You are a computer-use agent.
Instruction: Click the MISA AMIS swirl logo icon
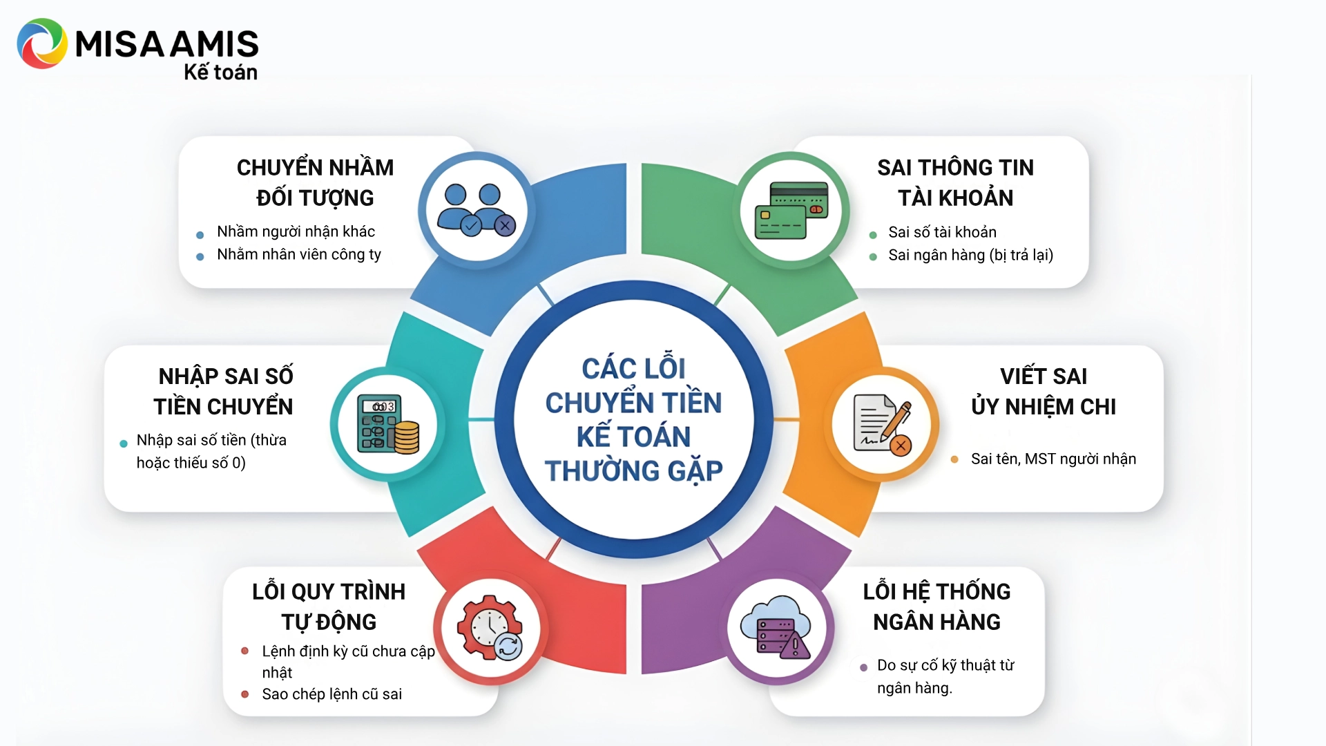tap(42, 44)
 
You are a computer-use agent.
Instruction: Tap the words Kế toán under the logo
tap(220, 72)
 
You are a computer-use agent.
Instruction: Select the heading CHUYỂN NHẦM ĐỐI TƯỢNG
tap(315, 182)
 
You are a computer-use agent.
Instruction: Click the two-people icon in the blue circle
tap(476, 209)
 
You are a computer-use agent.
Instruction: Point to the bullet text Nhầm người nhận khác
tap(296, 231)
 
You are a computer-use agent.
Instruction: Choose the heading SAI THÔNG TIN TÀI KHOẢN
tap(955, 182)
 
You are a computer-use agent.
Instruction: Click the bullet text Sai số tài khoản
tap(942, 232)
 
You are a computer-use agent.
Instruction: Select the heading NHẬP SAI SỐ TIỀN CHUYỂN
tap(224, 391)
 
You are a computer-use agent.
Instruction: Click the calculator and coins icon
tap(387, 423)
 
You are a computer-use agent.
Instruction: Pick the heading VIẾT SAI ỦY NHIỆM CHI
tap(1044, 391)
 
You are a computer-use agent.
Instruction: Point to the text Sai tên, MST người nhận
tap(1053, 459)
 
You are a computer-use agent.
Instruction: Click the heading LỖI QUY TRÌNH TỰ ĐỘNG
tap(329, 606)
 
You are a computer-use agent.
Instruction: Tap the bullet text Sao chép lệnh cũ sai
tap(331, 694)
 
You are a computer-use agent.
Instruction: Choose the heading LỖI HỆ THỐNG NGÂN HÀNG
tap(936, 606)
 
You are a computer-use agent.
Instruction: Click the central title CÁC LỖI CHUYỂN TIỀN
tap(633, 385)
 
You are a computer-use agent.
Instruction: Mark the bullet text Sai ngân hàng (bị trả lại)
tap(970, 255)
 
